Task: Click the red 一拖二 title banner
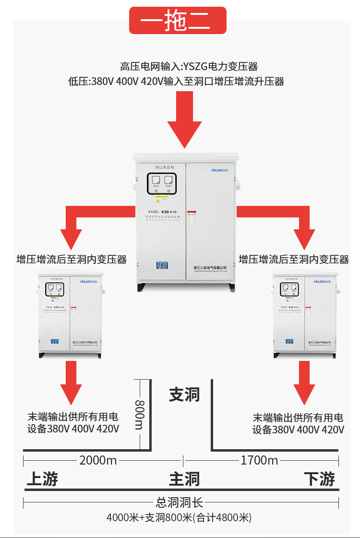tap(178, 21)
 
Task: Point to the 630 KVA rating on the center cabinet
tap(165, 211)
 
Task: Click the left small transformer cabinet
tap(70, 314)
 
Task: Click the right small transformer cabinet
tap(305, 314)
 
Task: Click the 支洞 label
tap(184, 395)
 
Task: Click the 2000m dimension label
tap(98, 460)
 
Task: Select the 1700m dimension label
tap(259, 460)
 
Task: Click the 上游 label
tap(42, 478)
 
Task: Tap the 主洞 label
tap(184, 478)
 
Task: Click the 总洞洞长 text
tap(180, 502)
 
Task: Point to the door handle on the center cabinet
tap(191, 221)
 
